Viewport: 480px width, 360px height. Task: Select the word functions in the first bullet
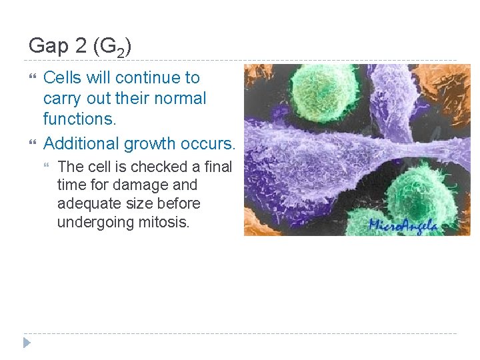click(79, 119)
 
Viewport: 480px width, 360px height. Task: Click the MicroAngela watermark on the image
click(403, 225)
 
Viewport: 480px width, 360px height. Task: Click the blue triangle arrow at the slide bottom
click(26, 343)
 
